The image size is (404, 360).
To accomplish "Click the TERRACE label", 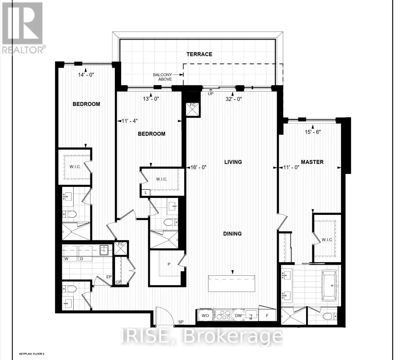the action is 199,54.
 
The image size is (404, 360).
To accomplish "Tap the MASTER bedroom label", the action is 312,162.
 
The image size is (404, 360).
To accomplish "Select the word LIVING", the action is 233,162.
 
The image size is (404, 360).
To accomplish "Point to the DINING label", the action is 232,233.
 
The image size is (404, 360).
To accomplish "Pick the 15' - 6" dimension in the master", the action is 313,132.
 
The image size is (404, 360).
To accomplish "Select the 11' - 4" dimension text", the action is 129,121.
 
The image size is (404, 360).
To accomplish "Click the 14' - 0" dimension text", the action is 86,75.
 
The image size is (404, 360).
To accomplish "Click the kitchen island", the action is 231,283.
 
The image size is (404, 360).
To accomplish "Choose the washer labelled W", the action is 70,253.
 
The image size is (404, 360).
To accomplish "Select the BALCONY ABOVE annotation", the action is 162,77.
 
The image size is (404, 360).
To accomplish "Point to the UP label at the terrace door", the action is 210,94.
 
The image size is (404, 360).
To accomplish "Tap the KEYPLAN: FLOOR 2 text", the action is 32,354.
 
